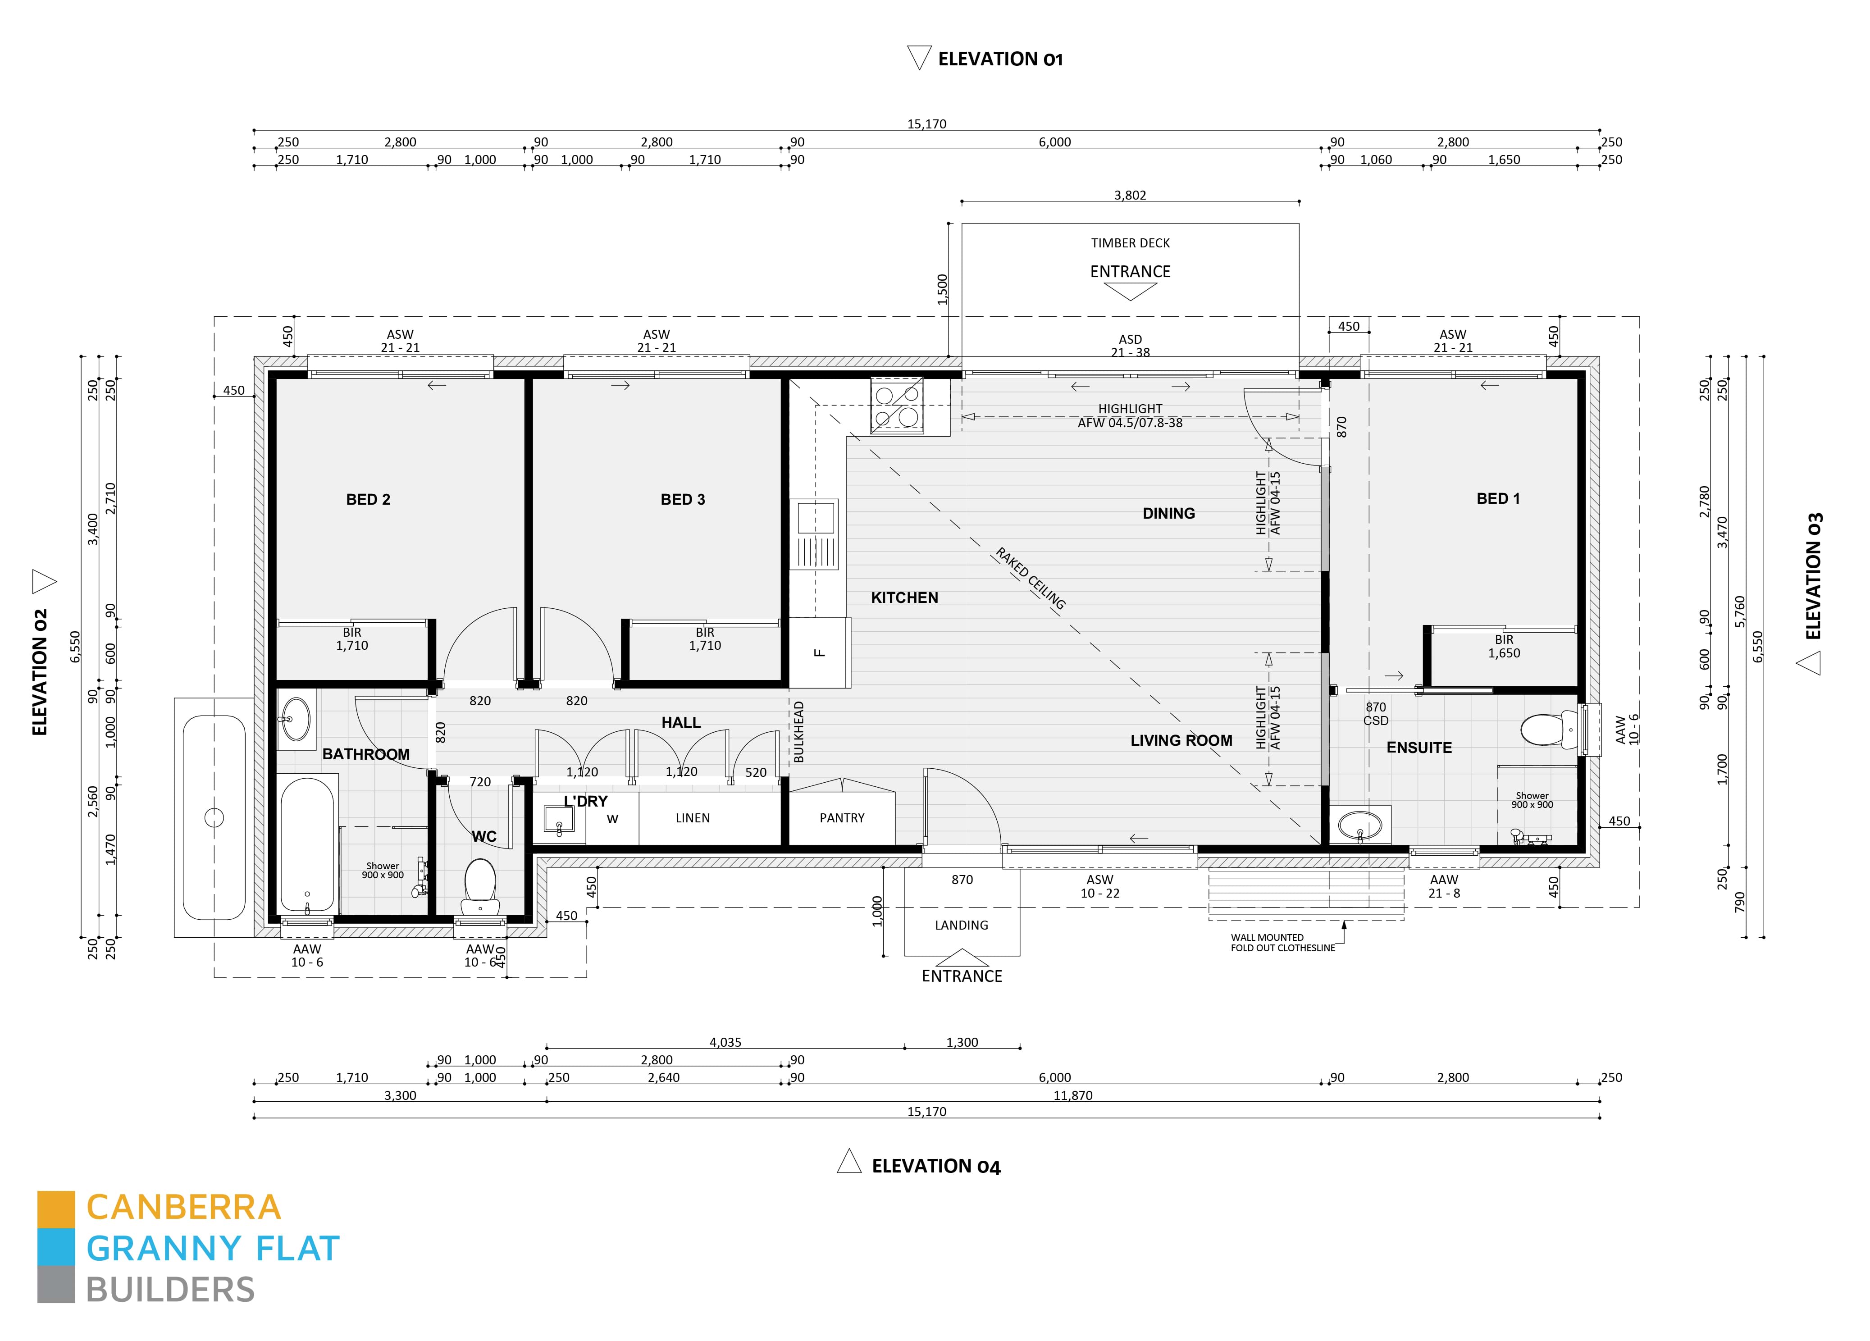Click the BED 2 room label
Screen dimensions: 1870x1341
click(368, 499)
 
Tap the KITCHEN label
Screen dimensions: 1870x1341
click(904, 597)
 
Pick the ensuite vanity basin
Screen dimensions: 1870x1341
click(1359, 825)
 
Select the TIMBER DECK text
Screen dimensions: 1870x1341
click(1131, 242)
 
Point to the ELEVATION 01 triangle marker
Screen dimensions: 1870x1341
click(918, 58)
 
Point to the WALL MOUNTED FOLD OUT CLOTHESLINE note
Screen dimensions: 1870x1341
click(1283, 943)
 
